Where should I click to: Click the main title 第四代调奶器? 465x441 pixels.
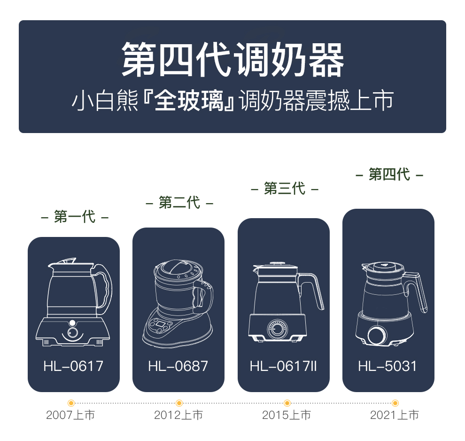[232, 60]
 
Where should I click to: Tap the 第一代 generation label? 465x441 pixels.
[75, 217]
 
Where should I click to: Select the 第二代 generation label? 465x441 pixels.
[179, 203]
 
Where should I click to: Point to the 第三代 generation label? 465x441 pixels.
[284, 189]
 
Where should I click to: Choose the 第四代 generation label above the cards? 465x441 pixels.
[389, 175]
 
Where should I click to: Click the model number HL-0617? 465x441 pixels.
[73, 366]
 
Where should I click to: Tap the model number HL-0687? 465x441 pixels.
[178, 366]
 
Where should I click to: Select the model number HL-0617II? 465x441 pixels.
[283, 366]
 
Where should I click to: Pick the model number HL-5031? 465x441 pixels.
[387, 366]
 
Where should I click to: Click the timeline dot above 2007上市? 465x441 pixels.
[71, 403]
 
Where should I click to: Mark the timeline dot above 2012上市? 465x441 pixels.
[179, 403]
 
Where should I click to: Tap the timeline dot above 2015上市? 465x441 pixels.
[287, 403]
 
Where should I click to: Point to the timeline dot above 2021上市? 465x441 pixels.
[395, 403]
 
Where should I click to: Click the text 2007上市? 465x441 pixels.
[70, 416]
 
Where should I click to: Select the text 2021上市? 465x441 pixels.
[395, 416]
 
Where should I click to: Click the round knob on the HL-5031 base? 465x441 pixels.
[376, 335]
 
